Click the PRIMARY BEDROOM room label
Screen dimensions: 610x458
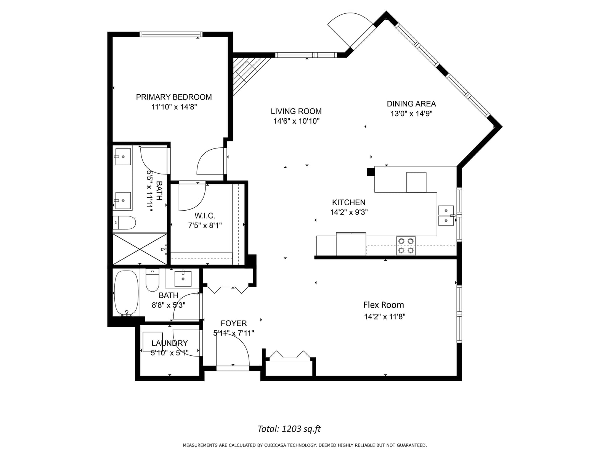point(174,97)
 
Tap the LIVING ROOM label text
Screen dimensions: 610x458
point(296,111)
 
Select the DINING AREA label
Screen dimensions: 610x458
point(411,104)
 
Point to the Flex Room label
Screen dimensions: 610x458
point(384,305)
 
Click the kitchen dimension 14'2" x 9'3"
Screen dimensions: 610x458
point(349,212)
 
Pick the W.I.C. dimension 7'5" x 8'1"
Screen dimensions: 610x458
point(205,225)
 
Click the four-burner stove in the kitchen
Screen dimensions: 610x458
point(406,245)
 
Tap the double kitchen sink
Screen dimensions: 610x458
point(446,216)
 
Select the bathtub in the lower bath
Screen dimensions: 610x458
point(127,293)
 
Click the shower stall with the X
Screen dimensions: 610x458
point(140,249)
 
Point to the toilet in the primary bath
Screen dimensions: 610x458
point(124,223)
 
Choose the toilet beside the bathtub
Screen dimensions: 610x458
point(152,280)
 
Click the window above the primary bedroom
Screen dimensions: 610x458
point(171,34)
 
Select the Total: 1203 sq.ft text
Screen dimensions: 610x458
point(289,429)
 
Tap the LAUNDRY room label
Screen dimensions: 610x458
point(170,343)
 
